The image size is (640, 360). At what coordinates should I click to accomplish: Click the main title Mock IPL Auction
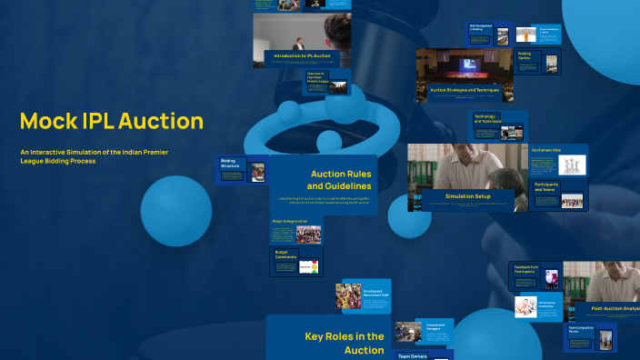(x=112, y=121)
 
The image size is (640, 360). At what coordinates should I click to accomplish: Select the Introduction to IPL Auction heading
(x=296, y=56)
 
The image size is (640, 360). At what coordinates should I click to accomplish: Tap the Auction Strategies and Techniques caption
(x=464, y=91)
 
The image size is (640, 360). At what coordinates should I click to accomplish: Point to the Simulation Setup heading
(x=467, y=196)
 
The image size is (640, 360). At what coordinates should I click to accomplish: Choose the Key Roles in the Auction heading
(x=345, y=343)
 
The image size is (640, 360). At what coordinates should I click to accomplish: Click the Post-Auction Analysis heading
(x=615, y=308)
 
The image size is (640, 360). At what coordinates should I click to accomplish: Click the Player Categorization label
(x=291, y=220)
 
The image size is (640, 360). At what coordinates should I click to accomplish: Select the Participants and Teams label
(x=546, y=186)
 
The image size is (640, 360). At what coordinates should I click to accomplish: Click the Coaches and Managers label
(x=433, y=325)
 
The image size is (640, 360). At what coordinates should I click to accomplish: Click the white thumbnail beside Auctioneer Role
(x=570, y=165)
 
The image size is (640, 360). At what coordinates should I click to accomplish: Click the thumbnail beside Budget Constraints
(x=310, y=267)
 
